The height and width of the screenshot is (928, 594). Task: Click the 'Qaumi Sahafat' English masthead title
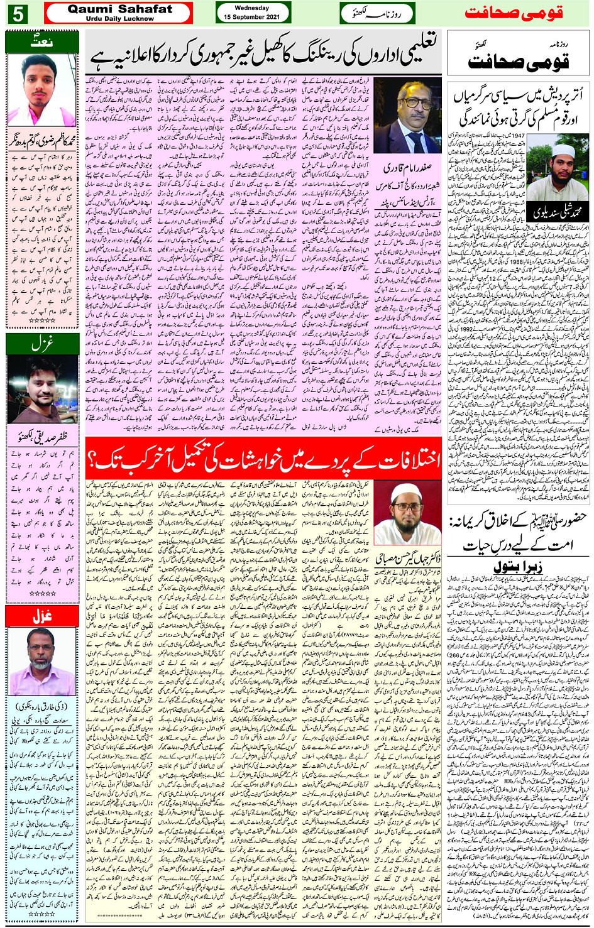[x=119, y=9]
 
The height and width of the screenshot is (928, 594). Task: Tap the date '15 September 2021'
[x=252, y=17]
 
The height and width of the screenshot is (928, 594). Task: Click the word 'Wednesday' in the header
[x=252, y=8]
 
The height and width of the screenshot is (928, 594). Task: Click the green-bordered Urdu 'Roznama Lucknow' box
[x=378, y=13]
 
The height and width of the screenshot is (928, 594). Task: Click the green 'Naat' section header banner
[x=41, y=42]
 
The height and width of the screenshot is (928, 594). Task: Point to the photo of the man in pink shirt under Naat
[x=41, y=90]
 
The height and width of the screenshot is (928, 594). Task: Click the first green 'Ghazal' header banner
[x=41, y=344]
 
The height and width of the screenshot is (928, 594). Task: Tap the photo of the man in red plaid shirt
[x=41, y=390]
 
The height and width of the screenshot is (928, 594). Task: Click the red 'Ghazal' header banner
[x=41, y=616]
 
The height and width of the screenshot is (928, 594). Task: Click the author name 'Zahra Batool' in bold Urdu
[x=519, y=565]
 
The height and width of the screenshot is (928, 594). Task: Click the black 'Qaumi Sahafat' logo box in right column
[x=518, y=57]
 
